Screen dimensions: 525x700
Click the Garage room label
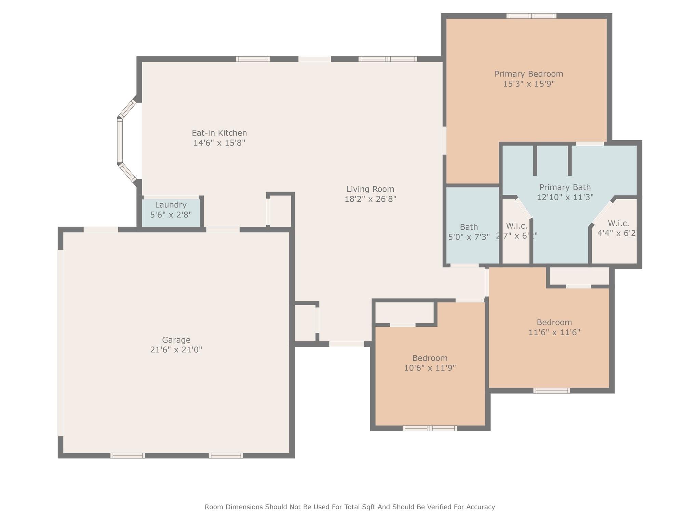[x=176, y=340]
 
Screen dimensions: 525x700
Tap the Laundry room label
[x=171, y=205]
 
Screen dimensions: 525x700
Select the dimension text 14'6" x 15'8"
[x=219, y=143]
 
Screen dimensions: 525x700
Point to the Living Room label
[x=370, y=189]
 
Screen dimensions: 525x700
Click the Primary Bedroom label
[x=528, y=74]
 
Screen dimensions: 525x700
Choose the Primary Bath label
[x=565, y=187]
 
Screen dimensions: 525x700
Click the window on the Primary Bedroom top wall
[x=531, y=16]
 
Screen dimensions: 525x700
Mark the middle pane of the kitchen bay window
[x=120, y=140]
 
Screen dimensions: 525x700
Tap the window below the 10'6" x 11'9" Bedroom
[x=430, y=428]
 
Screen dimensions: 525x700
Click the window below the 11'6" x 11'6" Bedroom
[x=552, y=391]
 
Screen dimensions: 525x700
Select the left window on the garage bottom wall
[x=127, y=456]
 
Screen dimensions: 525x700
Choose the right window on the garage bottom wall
[x=226, y=456]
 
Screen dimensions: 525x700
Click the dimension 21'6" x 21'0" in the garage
[x=176, y=350]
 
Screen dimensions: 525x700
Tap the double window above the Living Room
[x=388, y=59]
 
